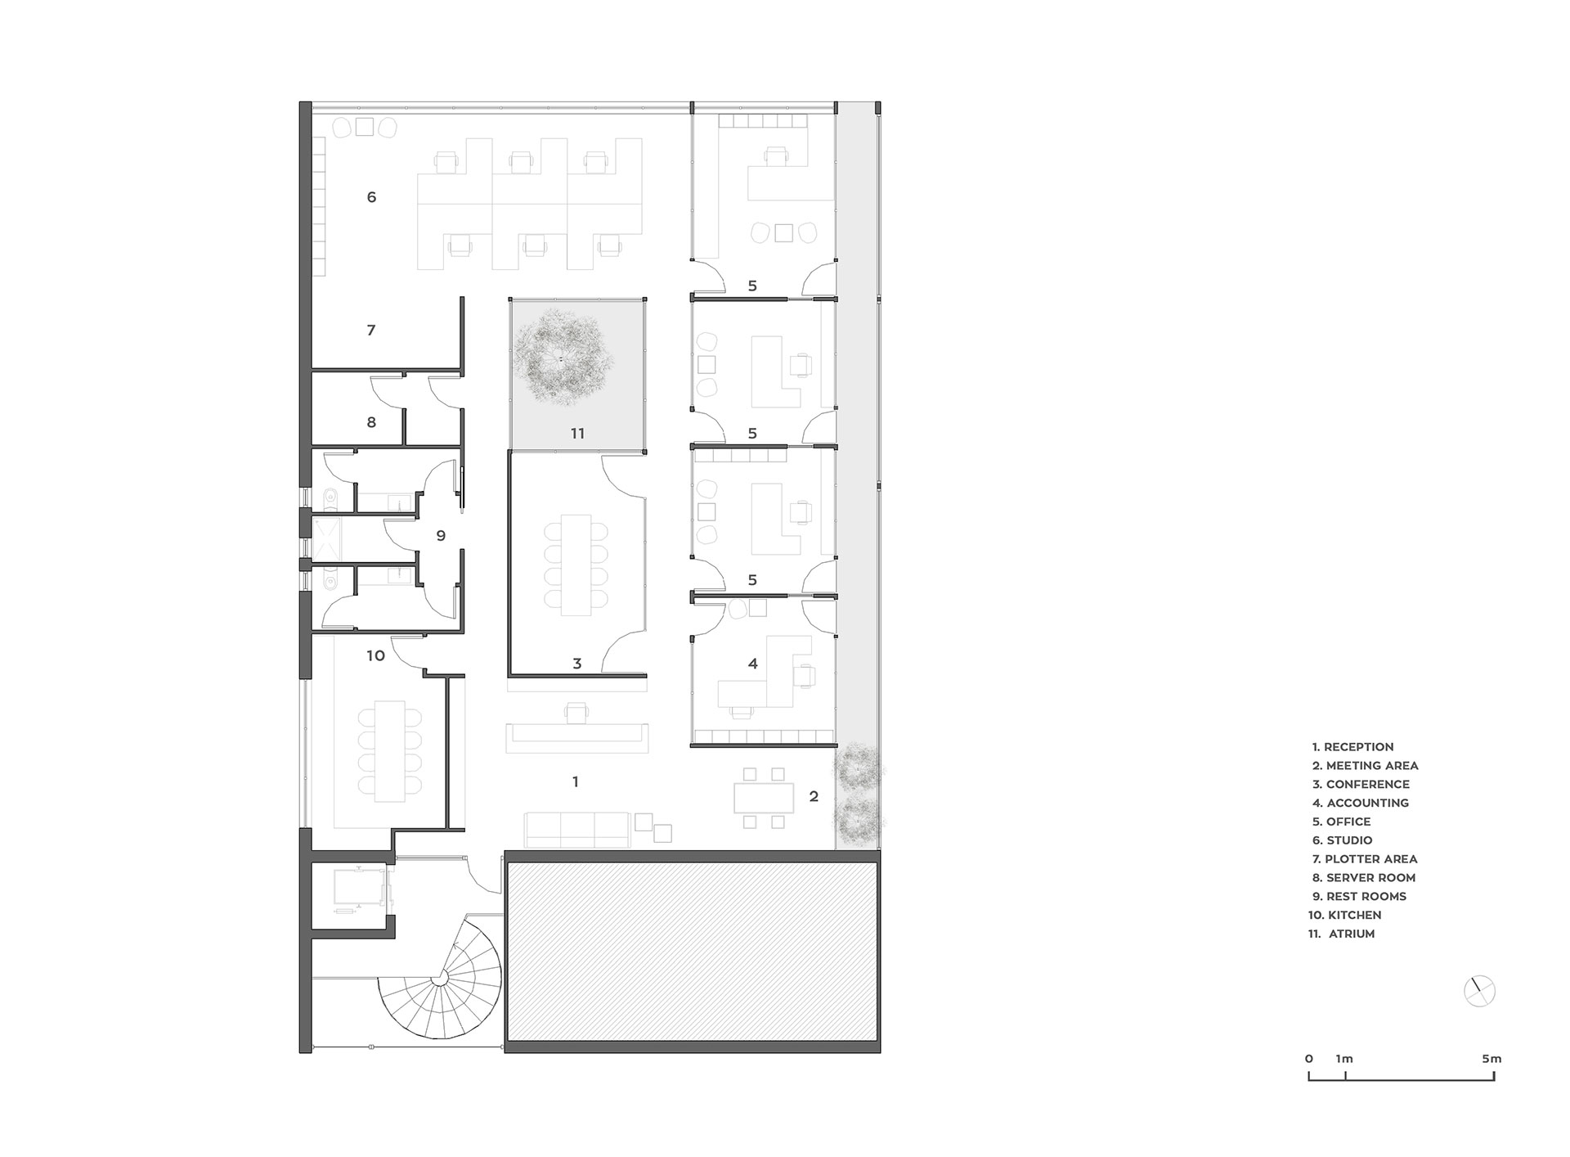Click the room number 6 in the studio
[371, 197]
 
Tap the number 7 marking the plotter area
[371, 331]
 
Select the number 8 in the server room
[371, 423]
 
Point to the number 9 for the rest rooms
[441, 536]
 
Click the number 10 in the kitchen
[375, 655]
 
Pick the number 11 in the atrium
[577, 434]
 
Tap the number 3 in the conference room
[576, 664]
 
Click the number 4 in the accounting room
[753, 664]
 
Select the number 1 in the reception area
[576, 782]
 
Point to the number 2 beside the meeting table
[814, 796]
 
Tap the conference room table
[576, 565]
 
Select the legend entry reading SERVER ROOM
[1370, 878]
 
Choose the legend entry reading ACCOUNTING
[1367, 804]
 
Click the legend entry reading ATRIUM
[1352, 934]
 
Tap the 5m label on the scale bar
[1491, 1059]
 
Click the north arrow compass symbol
[1479, 992]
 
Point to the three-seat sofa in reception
[576, 830]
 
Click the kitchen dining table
[390, 751]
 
